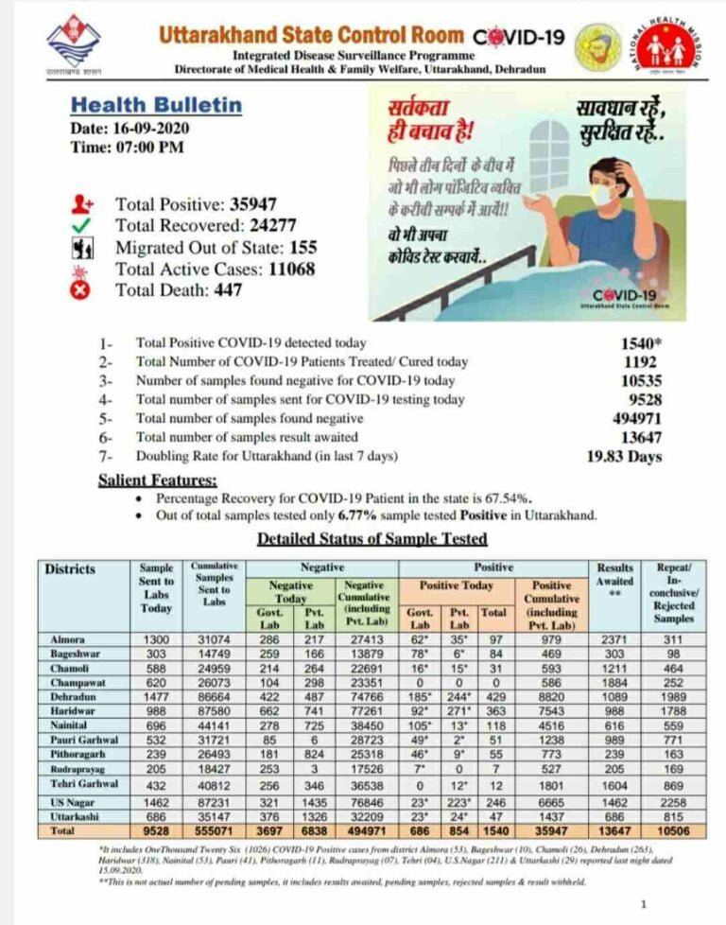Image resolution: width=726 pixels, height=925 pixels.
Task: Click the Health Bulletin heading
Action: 157,105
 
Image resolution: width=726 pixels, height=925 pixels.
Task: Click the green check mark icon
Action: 80,225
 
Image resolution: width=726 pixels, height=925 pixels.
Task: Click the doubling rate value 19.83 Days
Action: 625,457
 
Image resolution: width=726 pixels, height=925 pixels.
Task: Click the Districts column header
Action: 70,568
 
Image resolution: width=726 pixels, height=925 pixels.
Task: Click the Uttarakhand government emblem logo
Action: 74,43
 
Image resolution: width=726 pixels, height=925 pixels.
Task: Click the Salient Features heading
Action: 157,480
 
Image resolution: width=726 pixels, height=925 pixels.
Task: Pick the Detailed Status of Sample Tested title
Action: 372,539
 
